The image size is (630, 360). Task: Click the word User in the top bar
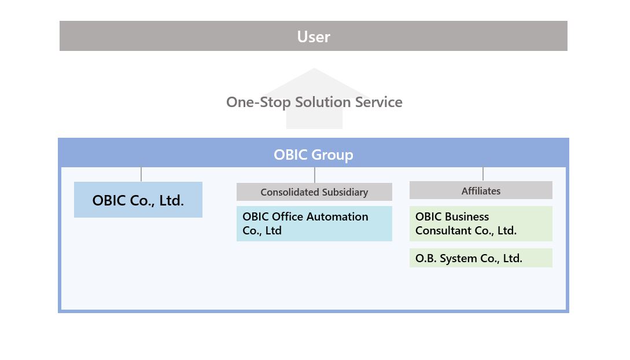[x=314, y=36]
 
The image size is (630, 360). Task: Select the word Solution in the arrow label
[x=323, y=102]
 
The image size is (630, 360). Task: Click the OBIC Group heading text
[x=314, y=155]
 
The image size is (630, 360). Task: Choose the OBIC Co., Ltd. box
[x=138, y=200]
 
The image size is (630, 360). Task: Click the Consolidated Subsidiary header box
[x=314, y=192]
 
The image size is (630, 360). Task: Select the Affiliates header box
[x=481, y=190]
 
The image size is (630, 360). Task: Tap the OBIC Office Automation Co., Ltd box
[x=314, y=224]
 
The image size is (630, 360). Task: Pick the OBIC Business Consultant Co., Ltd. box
[x=481, y=224]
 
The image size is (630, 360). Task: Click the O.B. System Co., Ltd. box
[x=481, y=258]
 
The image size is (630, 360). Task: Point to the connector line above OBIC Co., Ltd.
[x=141, y=174]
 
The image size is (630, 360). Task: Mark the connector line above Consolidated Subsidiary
[x=315, y=175]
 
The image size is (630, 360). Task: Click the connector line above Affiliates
[x=483, y=174]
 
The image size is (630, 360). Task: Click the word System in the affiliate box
[x=458, y=259]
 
